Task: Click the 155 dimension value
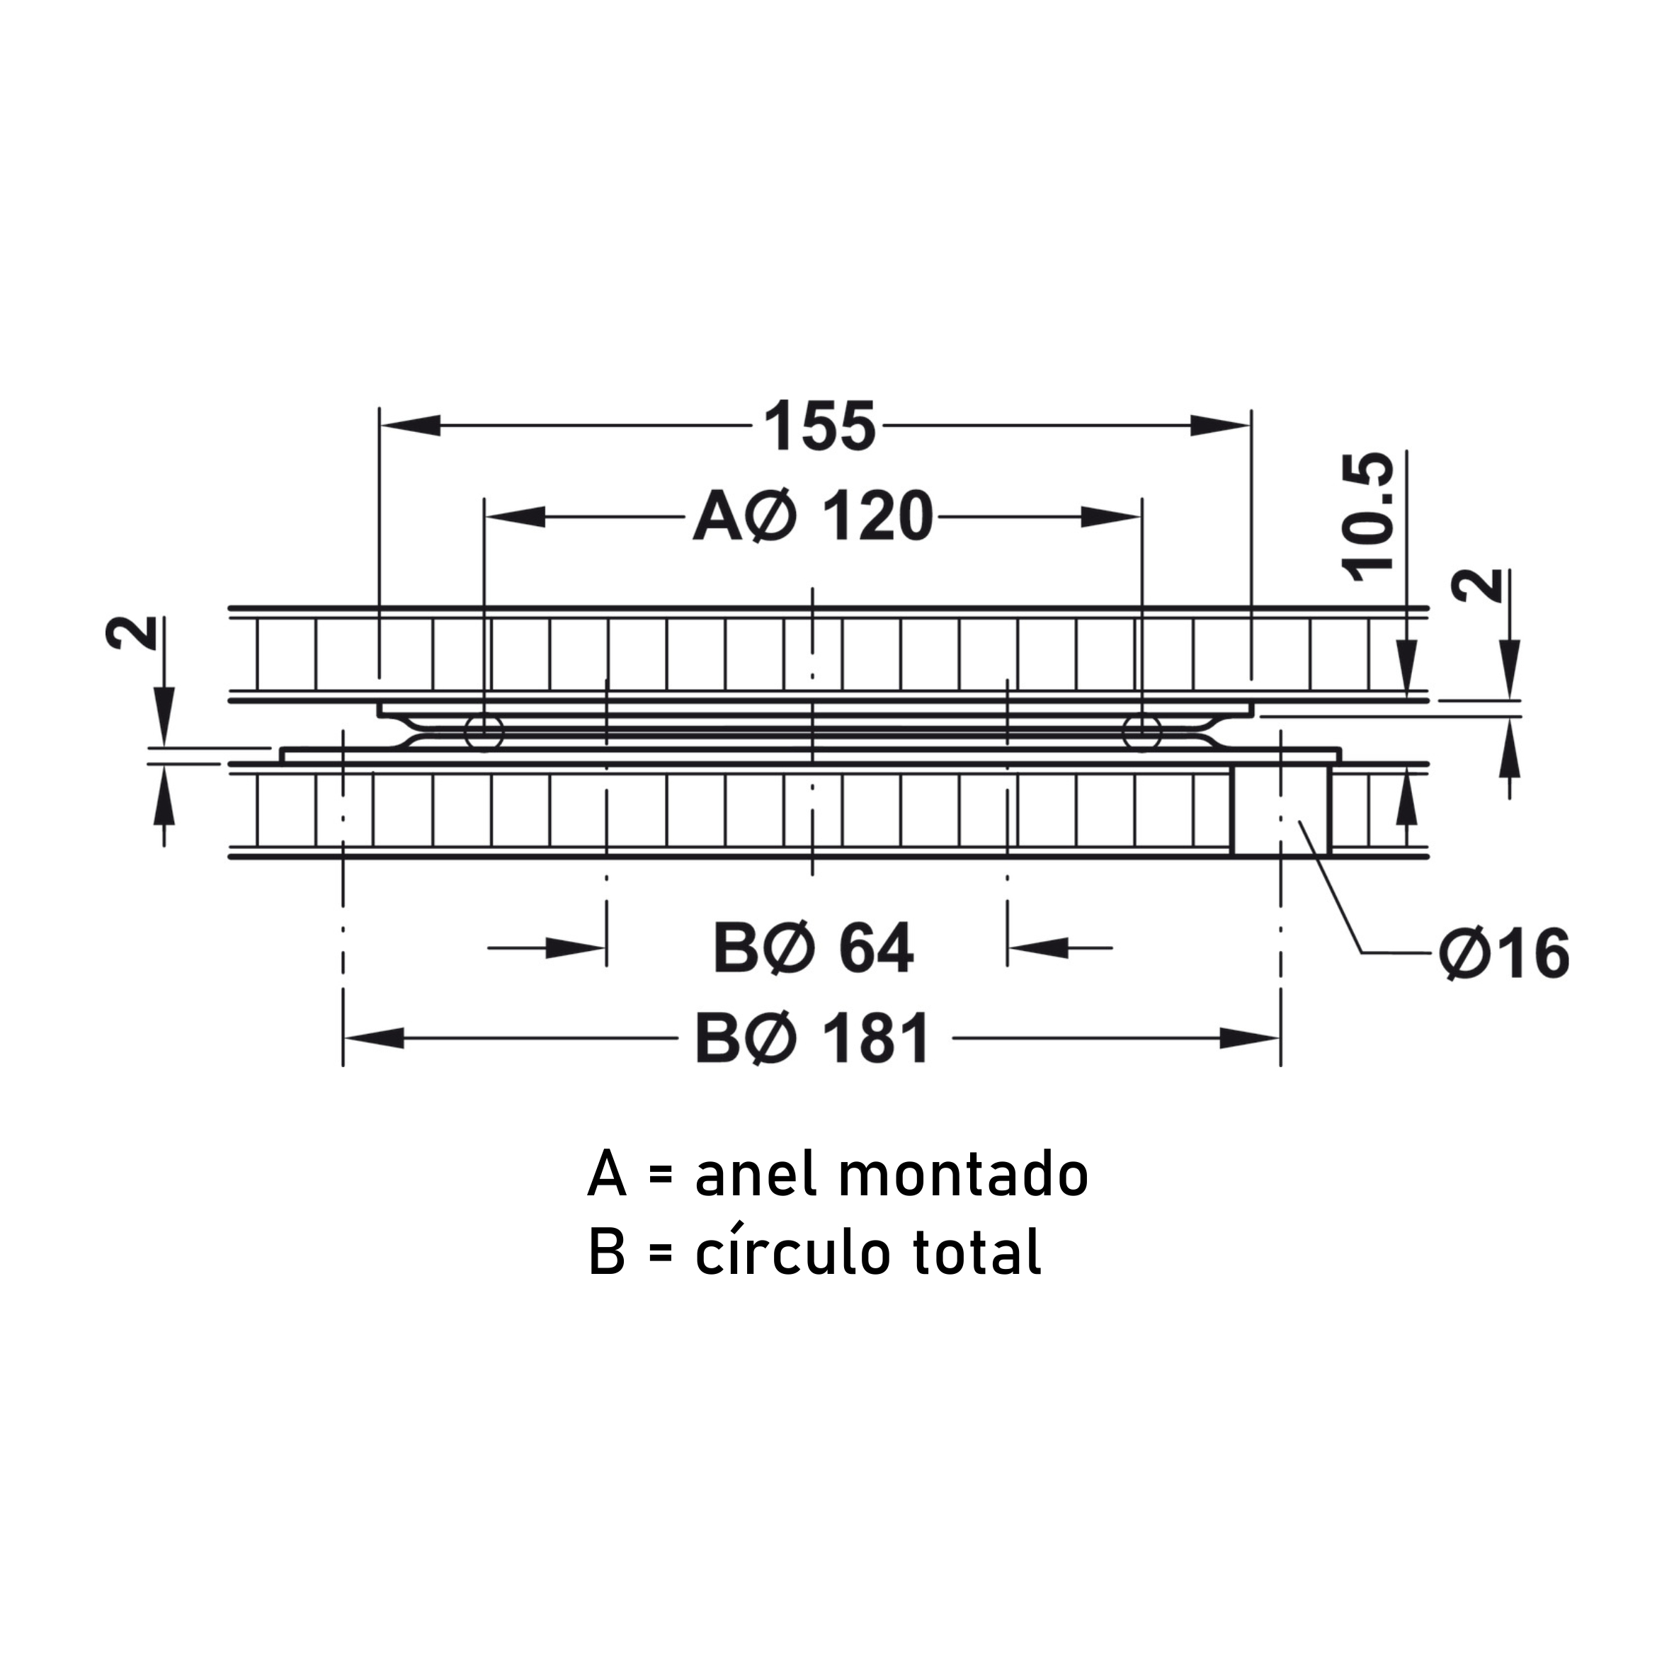(x=820, y=426)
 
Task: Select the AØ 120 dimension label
(x=813, y=517)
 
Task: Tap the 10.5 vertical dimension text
(x=1368, y=516)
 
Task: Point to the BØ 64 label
(x=813, y=949)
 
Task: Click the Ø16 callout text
(x=1504, y=954)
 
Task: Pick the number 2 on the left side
(x=131, y=632)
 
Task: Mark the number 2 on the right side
(x=1477, y=586)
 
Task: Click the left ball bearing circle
(x=484, y=733)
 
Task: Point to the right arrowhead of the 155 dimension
(x=1221, y=426)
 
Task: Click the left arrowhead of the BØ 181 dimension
(x=373, y=1038)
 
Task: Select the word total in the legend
(x=977, y=1253)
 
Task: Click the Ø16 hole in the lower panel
(x=1280, y=810)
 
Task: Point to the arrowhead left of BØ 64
(x=575, y=949)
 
